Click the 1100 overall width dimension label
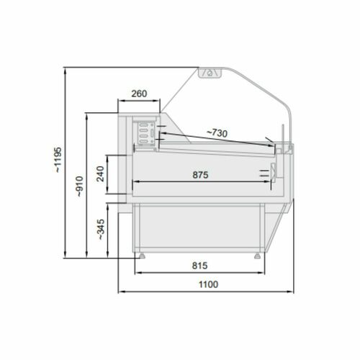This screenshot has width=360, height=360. coord(208,284)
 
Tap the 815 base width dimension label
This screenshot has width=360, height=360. coord(199,266)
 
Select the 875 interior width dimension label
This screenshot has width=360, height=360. coord(200,175)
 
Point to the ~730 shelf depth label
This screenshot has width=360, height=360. coord(217,133)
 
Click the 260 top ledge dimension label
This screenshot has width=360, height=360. coord(139,94)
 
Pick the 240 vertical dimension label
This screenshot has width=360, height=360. coord(100,174)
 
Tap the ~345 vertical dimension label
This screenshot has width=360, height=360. coord(101,230)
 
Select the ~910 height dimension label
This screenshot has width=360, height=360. coord(79,186)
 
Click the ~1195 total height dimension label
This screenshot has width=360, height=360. coord(58,160)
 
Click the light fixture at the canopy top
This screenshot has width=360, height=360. coord(210,73)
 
